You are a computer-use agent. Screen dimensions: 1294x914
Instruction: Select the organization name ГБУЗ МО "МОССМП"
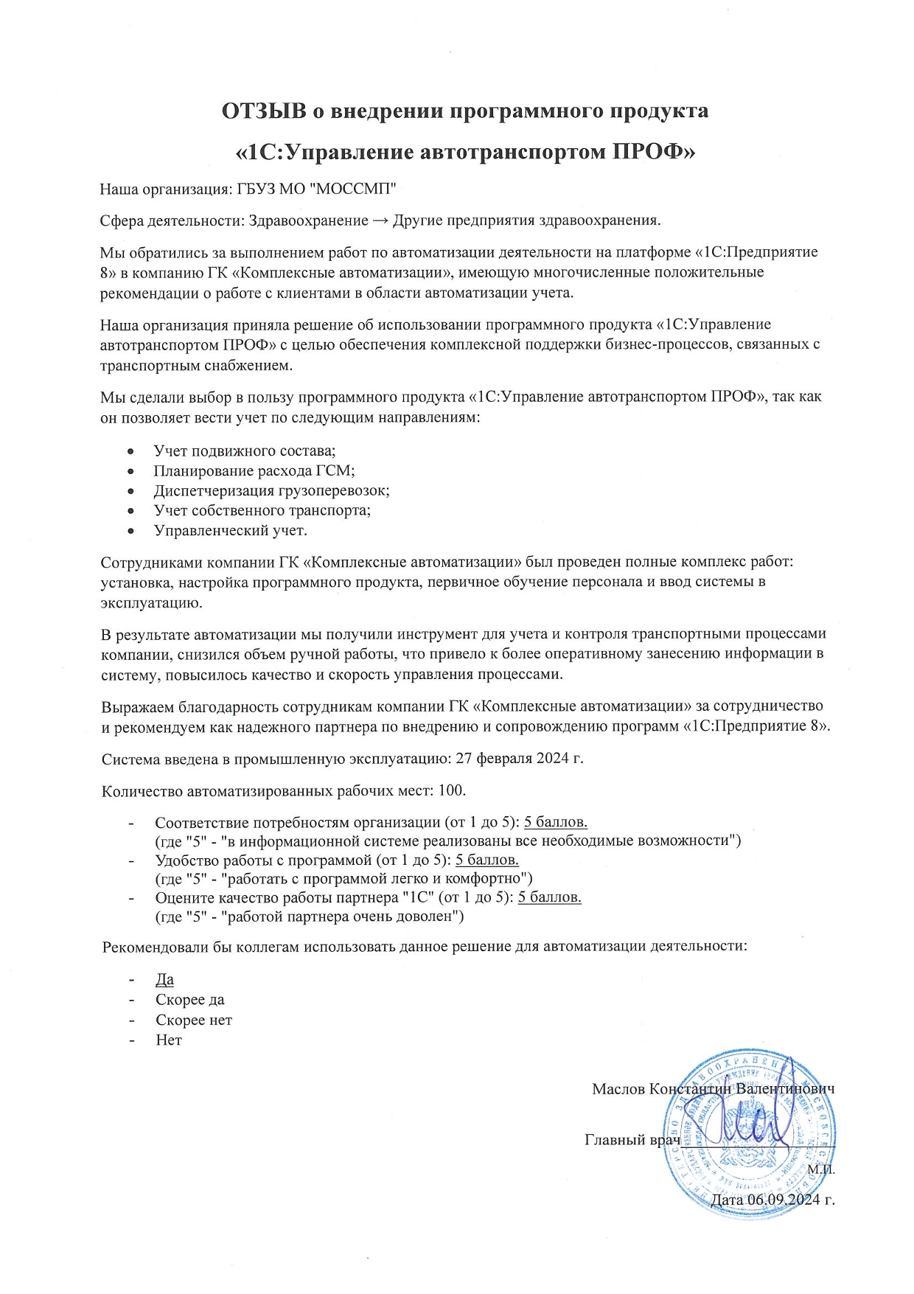317,189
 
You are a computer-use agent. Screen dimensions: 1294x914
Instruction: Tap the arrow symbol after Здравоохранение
380,220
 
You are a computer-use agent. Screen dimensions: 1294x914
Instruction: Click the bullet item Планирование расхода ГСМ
254,470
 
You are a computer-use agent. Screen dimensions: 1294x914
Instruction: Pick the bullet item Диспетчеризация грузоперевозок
271,490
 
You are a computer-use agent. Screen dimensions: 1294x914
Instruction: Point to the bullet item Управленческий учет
230,530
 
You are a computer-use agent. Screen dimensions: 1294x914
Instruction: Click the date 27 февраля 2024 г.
520,758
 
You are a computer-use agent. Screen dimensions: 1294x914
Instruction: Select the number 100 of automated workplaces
451,790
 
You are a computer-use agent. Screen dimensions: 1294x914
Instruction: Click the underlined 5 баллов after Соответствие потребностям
555,822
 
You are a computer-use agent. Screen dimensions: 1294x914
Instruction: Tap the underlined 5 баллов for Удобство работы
487,860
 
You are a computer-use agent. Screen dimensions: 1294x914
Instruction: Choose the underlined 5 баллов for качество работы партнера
550,897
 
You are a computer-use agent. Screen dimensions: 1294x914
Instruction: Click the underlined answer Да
164,980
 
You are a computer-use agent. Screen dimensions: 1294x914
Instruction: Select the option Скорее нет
194,1020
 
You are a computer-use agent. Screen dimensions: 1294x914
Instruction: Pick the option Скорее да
190,1000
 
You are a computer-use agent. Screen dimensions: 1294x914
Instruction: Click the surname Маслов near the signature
619,1089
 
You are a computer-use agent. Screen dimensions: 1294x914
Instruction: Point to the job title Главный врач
632,1140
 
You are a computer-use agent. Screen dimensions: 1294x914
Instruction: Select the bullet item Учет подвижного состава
245,451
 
